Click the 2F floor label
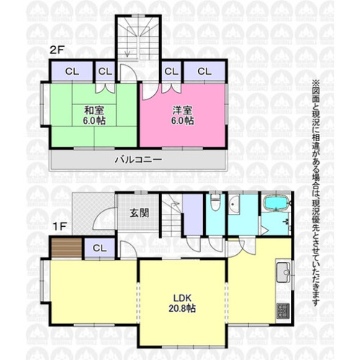(56, 50)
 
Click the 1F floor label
(59, 227)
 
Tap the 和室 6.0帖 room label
(94, 116)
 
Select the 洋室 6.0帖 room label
(183, 116)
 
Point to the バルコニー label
(138, 160)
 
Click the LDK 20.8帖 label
(182, 303)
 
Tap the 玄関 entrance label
(140, 213)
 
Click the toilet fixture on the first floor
(215, 203)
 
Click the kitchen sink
(284, 272)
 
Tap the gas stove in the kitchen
(283, 311)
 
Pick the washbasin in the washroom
(234, 204)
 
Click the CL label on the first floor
(99, 248)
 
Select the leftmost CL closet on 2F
(72, 71)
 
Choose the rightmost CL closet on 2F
(204, 71)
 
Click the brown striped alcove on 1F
(67, 248)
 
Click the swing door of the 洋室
(150, 92)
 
